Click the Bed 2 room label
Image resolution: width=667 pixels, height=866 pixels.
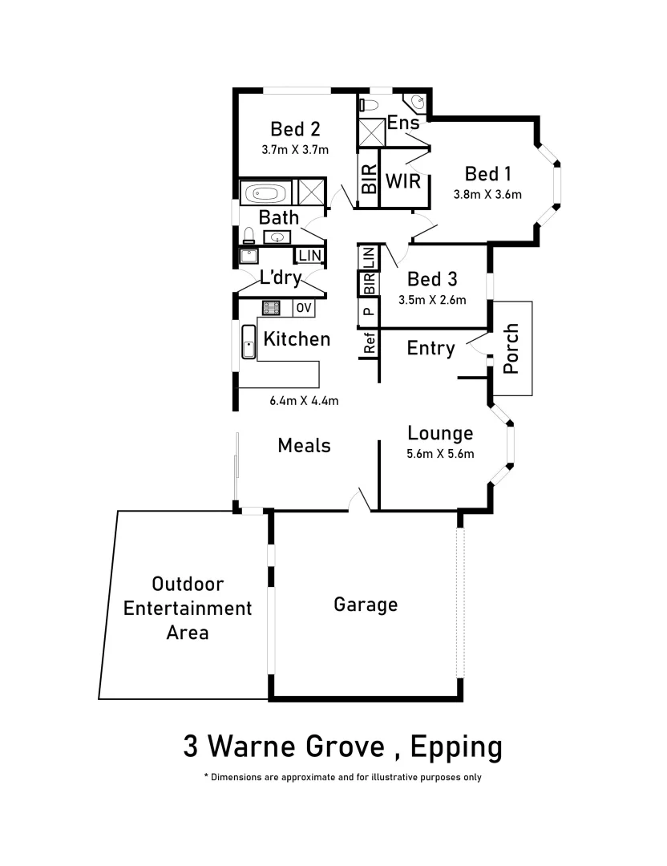[x=295, y=129]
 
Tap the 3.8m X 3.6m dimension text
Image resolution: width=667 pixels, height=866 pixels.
[x=487, y=194]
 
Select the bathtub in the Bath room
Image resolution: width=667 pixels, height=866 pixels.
[x=264, y=193]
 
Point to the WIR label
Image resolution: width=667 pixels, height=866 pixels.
[x=402, y=181]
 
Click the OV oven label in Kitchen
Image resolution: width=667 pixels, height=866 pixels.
[x=304, y=308]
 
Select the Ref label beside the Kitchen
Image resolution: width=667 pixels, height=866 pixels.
[x=370, y=344]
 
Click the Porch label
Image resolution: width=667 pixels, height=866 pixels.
[x=511, y=348]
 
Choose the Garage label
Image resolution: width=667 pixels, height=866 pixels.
[x=366, y=604]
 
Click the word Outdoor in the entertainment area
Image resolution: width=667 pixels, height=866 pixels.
[x=188, y=584]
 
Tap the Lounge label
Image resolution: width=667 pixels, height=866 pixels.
[x=440, y=433]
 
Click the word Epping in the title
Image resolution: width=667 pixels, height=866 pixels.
[x=456, y=747]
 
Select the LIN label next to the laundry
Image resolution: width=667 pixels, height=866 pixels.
[x=309, y=256]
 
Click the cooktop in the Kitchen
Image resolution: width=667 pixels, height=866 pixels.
[x=272, y=308]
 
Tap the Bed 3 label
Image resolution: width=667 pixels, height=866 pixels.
[x=432, y=279]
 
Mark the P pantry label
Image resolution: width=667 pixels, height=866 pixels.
[x=368, y=311]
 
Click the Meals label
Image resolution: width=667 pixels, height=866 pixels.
[x=304, y=445]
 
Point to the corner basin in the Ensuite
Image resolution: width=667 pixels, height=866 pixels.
[x=418, y=103]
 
